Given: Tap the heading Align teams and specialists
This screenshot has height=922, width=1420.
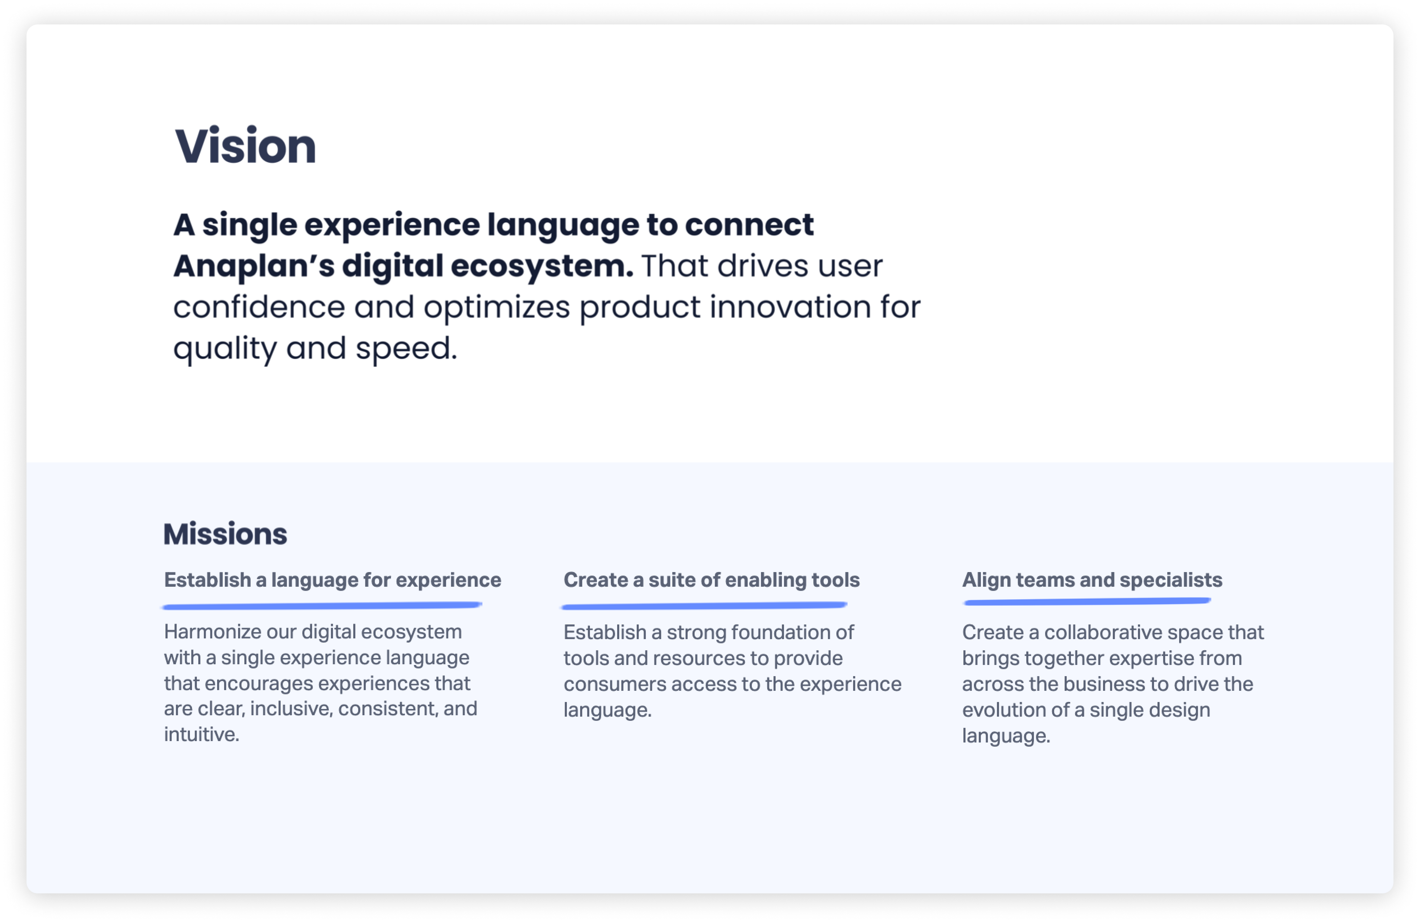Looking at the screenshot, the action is point(1092,580).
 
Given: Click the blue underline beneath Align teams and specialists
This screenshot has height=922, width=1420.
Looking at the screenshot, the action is point(1087,601).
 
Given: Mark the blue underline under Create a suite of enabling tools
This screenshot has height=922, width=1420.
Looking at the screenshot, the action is point(704,606).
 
